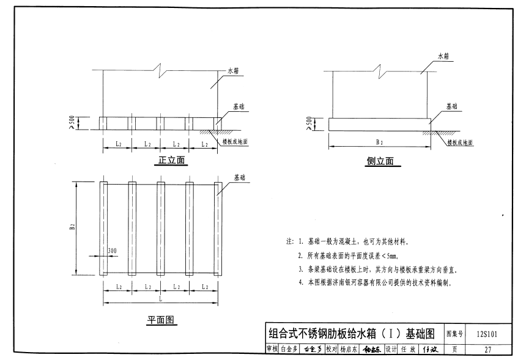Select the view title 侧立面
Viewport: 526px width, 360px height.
(379, 161)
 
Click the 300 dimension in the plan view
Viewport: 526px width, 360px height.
(112, 251)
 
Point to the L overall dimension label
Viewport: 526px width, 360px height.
(161, 299)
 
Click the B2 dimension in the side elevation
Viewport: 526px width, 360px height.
(379, 142)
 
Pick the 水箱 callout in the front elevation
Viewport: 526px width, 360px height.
(235, 72)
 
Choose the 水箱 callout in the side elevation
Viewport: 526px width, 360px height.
(443, 56)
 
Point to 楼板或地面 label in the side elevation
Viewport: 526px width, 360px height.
(460, 142)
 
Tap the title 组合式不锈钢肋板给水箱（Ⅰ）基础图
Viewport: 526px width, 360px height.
(352, 334)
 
